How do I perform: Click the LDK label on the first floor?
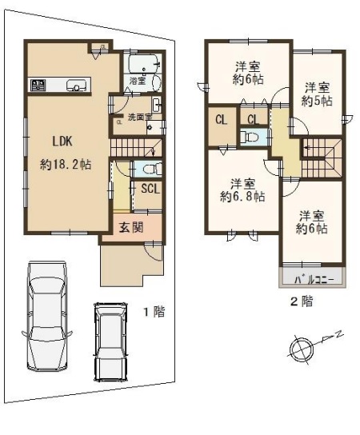tap(63, 142)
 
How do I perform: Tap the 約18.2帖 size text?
tap(66, 165)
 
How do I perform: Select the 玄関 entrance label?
tap(131, 227)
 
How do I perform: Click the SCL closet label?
tap(150, 189)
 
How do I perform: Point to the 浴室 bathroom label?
tap(138, 81)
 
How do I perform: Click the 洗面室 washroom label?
tap(140, 117)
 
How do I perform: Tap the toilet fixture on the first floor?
tap(151, 169)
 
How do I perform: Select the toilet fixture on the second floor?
tap(250, 137)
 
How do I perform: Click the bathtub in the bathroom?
tap(141, 63)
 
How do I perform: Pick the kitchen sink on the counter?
tap(76, 84)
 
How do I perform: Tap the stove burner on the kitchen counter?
tap(38, 84)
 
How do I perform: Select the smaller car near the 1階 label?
tap(110, 341)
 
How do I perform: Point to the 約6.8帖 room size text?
tap(242, 197)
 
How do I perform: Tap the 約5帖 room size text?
tap(318, 101)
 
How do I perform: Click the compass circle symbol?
tap(301, 349)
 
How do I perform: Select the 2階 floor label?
tap(302, 301)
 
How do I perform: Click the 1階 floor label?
tap(154, 312)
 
